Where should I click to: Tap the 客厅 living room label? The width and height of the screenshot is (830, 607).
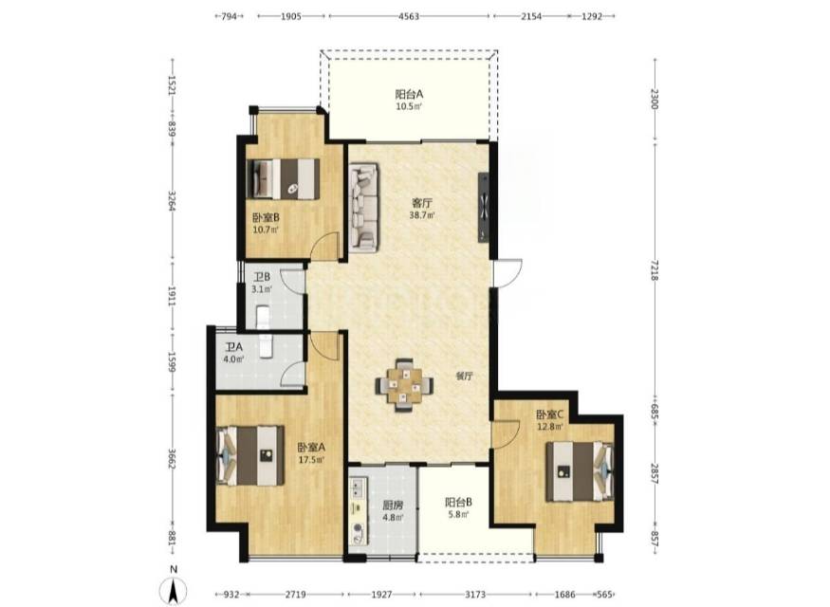coord(422,203)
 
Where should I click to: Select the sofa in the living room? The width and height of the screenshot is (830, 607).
coord(363,206)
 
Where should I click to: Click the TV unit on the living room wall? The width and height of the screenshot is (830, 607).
coord(484,208)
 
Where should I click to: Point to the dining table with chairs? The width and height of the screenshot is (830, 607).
coord(405,385)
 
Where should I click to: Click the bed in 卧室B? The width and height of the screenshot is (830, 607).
coord(284,179)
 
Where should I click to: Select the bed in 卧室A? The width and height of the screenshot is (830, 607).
coord(250,455)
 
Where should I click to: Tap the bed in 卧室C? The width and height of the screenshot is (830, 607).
coord(580,471)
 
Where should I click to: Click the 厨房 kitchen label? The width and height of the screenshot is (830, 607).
coord(393,506)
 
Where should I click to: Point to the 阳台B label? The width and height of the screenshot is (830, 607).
coord(458,502)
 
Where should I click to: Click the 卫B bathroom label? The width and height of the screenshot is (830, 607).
coord(262,277)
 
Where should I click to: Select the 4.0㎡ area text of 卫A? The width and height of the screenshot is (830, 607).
coord(233,359)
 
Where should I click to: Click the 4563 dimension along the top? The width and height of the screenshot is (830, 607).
coord(408,16)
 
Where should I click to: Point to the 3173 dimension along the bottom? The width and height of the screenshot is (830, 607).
coord(476,595)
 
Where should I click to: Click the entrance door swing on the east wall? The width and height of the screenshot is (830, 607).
coord(507,273)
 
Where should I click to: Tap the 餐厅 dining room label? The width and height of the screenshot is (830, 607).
coord(464,377)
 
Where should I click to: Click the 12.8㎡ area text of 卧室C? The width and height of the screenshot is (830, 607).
coord(549,425)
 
